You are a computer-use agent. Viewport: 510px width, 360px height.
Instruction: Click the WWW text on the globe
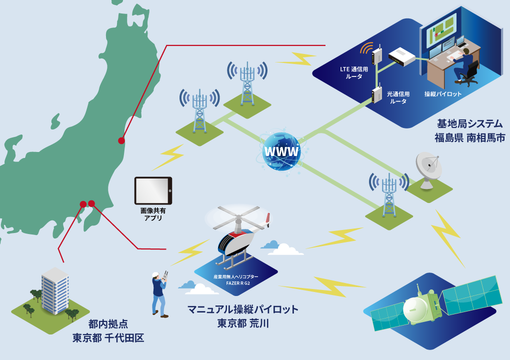tap(281, 151)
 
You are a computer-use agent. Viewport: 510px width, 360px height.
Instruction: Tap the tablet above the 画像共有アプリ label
tap(153, 190)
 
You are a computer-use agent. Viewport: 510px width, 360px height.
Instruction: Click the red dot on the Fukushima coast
tap(121, 140)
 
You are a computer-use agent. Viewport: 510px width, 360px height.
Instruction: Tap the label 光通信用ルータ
tap(398, 97)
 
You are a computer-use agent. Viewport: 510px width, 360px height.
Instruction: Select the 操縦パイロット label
tap(443, 94)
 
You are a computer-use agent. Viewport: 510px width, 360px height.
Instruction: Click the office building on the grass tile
tap(55, 290)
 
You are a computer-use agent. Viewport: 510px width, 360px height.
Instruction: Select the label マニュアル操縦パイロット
tap(242, 309)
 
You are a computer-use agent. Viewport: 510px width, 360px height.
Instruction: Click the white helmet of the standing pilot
tap(155, 274)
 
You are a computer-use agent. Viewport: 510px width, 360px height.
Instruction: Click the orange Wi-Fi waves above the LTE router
tap(367, 48)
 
